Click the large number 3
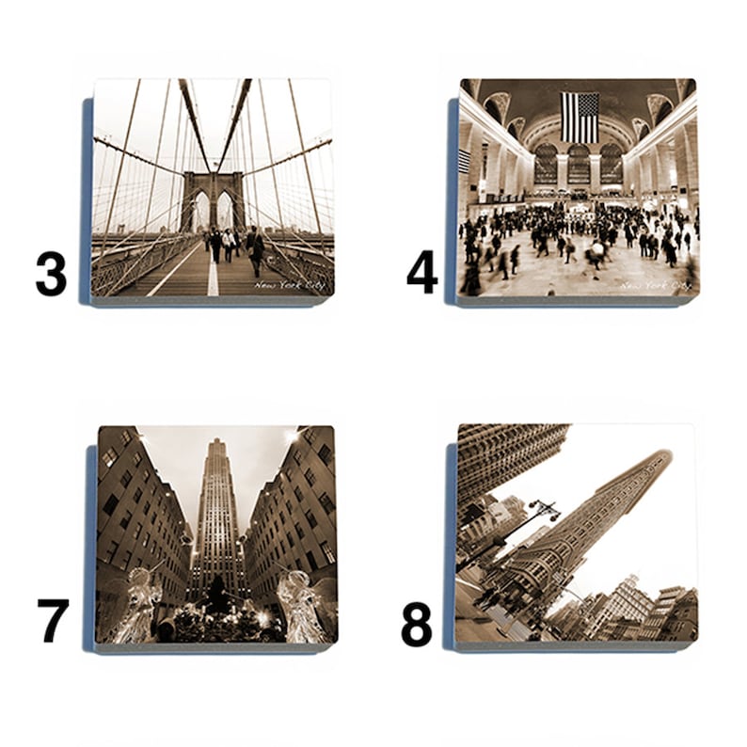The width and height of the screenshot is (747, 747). [x=51, y=273]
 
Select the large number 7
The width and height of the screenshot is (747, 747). [x=53, y=619]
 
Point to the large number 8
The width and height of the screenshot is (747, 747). [x=417, y=623]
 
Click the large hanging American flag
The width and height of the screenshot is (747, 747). [x=580, y=117]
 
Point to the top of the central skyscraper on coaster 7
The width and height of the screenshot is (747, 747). [x=217, y=443]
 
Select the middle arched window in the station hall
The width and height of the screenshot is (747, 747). [x=579, y=164]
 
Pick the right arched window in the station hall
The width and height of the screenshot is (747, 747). [x=612, y=164]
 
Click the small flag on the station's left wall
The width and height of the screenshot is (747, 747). [x=464, y=161]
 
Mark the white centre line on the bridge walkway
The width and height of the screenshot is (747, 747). [x=213, y=277]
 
